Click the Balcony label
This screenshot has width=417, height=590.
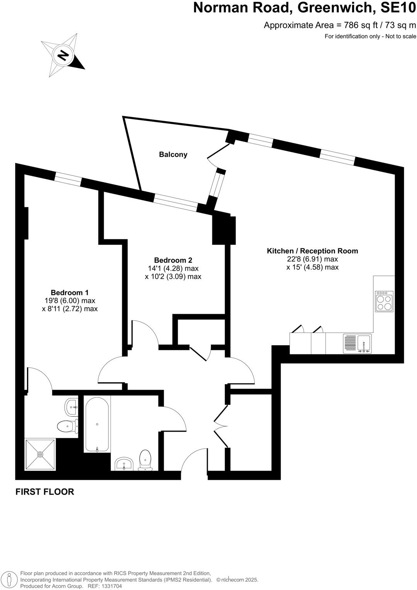click(173, 154)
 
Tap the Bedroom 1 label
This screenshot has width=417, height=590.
click(69, 292)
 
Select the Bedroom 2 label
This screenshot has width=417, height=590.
click(173, 260)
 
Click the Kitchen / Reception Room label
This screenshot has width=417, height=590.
click(312, 251)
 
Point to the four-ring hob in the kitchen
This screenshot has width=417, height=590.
click(384, 302)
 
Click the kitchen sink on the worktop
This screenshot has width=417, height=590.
click(364, 343)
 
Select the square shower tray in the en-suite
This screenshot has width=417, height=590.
click(40, 454)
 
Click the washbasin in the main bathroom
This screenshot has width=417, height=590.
click(124, 463)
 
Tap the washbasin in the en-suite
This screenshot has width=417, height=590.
click(71, 407)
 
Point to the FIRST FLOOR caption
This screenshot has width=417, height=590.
click(44, 492)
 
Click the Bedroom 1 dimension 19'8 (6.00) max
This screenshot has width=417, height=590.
click(69, 301)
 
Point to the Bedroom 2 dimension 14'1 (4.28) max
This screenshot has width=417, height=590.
click(173, 268)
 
